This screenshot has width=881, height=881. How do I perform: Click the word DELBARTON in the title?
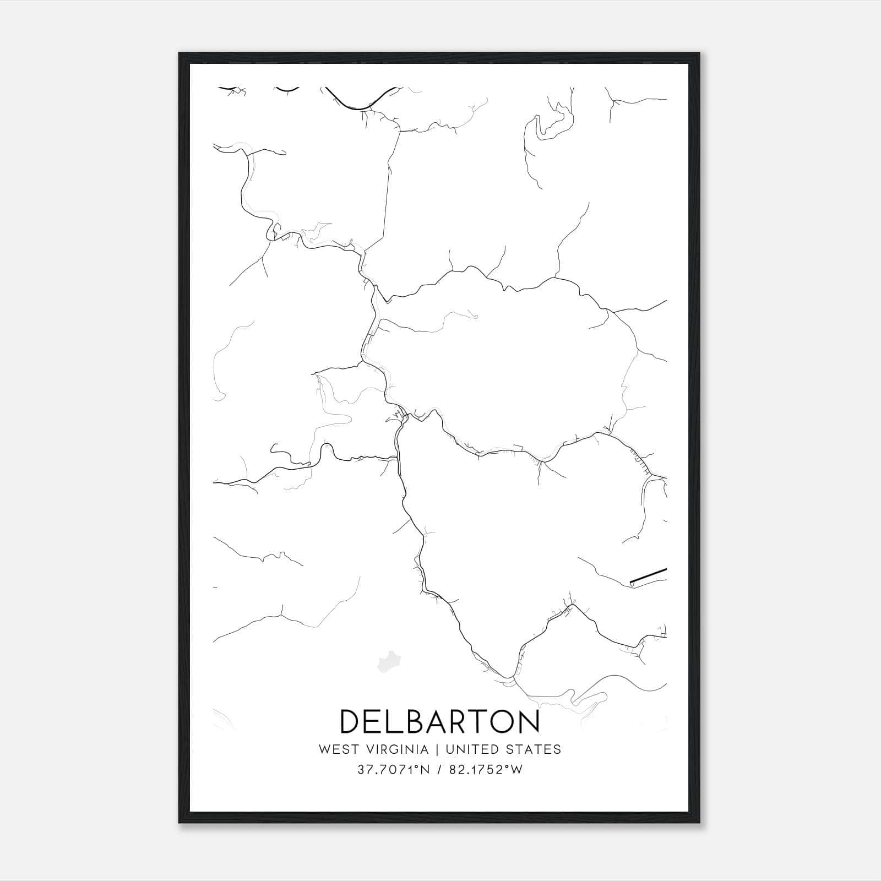[x=440, y=721]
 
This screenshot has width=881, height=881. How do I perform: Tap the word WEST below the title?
[x=336, y=749]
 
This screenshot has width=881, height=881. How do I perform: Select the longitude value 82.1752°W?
[x=486, y=770]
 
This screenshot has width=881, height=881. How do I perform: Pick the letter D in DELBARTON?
[x=351, y=721]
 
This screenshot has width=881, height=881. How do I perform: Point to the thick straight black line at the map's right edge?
[x=649, y=576]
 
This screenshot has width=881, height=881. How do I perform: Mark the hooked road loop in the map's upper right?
[x=556, y=121]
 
